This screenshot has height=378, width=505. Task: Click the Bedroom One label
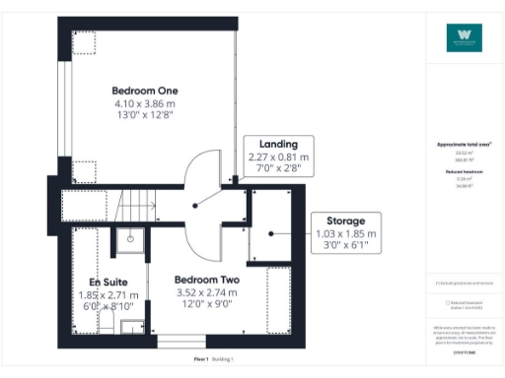(x=144, y=91)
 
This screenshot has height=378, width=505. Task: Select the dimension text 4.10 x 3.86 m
(x=144, y=103)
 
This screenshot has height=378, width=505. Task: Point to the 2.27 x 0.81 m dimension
(x=277, y=157)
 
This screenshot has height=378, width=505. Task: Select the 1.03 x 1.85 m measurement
(x=340, y=234)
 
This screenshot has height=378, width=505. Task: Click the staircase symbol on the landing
(x=137, y=206)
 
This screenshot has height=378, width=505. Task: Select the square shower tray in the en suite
(x=129, y=238)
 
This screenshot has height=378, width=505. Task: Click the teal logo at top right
(x=464, y=38)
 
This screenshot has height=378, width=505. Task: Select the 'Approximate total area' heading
(x=464, y=144)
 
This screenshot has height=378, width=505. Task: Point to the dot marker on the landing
(x=196, y=206)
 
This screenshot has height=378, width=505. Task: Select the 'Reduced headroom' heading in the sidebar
(x=464, y=171)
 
